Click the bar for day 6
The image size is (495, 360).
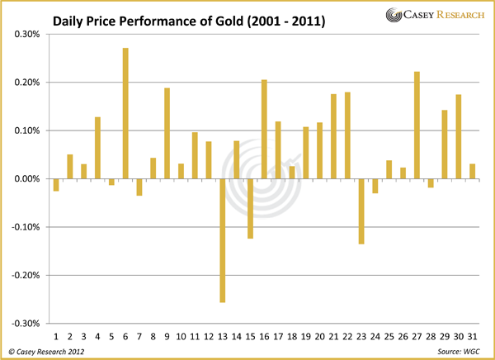click(x=125, y=113)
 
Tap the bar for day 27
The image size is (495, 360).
click(x=417, y=125)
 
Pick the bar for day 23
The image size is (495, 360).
click(x=361, y=211)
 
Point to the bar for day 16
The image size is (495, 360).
click(x=264, y=129)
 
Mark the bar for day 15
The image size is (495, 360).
click(x=250, y=208)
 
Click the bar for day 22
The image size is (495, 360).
click(x=347, y=135)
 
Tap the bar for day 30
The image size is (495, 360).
click(x=459, y=137)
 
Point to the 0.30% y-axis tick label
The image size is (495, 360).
click(x=27, y=35)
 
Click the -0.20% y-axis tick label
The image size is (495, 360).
click(x=26, y=275)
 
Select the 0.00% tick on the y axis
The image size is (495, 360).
click(x=27, y=179)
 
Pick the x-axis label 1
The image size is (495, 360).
click(x=56, y=336)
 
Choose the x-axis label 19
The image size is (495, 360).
click(x=306, y=336)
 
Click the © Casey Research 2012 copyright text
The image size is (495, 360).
click(x=47, y=352)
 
